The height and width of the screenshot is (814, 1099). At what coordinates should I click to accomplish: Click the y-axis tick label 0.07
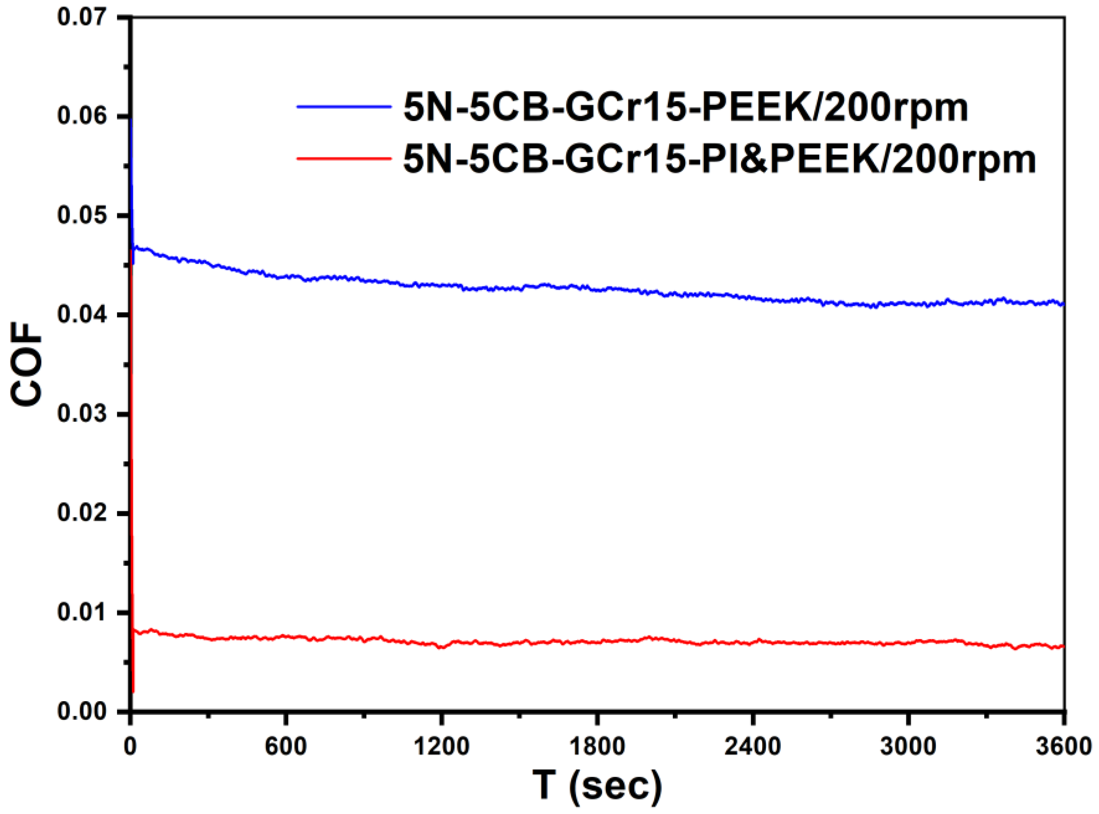click(81, 17)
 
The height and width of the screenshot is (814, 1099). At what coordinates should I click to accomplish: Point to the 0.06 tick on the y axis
click(81, 116)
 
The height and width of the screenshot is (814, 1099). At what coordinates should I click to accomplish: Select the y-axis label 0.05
click(81, 215)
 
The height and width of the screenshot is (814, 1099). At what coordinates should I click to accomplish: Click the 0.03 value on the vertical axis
click(81, 414)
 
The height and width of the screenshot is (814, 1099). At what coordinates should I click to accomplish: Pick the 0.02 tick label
click(81, 513)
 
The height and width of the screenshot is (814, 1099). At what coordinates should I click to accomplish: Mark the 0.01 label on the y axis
click(81, 613)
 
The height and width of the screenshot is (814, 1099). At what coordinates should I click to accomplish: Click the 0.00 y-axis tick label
click(81, 712)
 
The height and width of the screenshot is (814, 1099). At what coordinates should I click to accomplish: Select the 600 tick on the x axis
click(285, 747)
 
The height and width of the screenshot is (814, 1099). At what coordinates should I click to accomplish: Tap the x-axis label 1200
click(441, 747)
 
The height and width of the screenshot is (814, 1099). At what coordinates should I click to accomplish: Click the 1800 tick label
click(597, 747)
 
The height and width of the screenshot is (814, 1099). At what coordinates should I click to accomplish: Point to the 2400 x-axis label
click(752, 747)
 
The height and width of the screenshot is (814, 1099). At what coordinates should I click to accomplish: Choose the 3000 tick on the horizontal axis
click(908, 747)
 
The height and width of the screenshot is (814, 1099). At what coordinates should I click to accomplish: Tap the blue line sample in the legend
click(344, 106)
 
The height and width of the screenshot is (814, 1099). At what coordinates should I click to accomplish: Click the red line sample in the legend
click(344, 158)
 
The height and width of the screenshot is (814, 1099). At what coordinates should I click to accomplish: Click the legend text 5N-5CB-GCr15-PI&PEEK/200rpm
click(719, 159)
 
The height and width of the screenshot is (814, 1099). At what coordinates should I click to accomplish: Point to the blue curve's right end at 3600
click(1063, 304)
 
